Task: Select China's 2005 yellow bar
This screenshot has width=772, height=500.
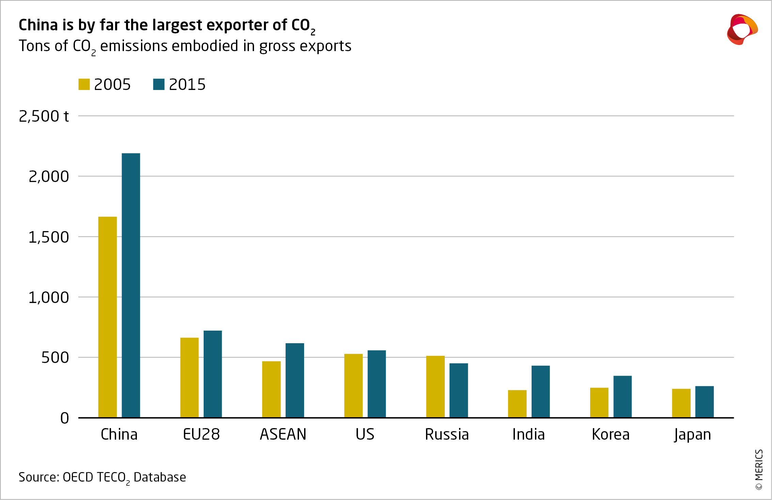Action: (108, 317)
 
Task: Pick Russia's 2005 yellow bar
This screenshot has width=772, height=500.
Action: (435, 387)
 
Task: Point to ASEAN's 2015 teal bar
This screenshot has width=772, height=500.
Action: (295, 380)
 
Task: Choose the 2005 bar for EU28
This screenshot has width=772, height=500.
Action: (189, 377)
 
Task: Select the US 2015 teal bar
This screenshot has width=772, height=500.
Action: (377, 384)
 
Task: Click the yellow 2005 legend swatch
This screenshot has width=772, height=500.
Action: (84, 85)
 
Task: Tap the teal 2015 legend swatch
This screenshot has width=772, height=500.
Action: (159, 85)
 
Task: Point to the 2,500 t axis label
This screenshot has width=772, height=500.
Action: (44, 117)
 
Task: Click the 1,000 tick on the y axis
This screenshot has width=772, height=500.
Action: (49, 298)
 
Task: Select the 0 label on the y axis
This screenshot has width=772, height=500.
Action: (65, 418)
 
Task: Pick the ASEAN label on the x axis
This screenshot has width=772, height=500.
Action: (283, 435)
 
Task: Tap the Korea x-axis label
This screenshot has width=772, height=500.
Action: (611, 435)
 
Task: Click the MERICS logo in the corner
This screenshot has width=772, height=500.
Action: (742, 29)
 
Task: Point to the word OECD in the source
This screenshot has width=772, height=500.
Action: (78, 477)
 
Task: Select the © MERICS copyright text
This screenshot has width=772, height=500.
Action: (759, 470)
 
